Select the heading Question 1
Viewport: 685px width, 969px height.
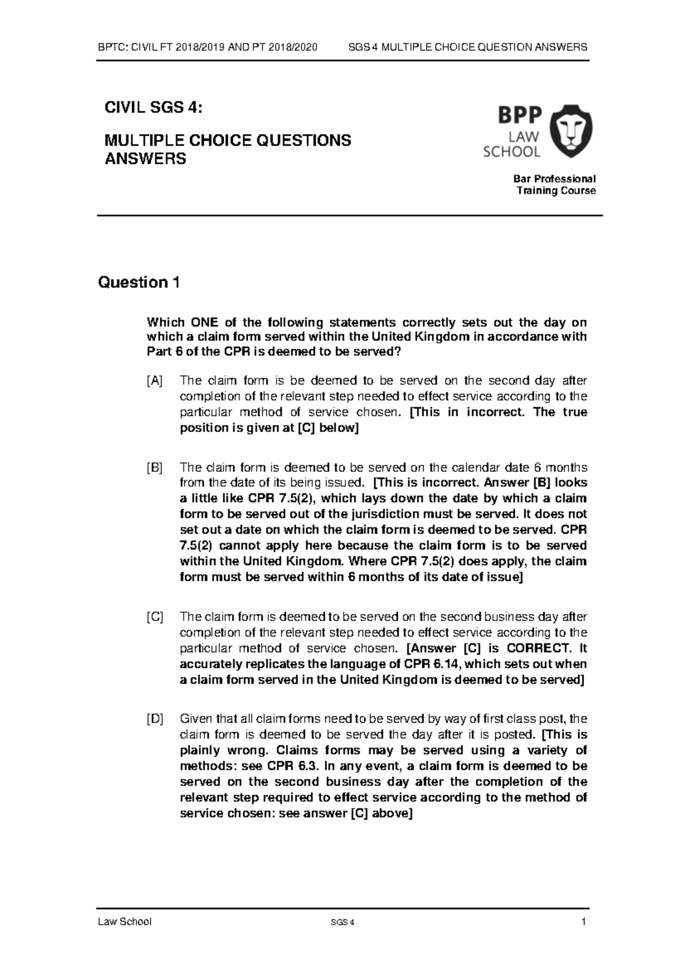point(139,282)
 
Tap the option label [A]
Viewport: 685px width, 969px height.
point(154,381)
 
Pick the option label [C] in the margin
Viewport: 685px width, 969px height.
point(154,617)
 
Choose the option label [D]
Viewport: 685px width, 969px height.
point(154,719)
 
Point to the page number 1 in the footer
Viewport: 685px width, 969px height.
point(584,922)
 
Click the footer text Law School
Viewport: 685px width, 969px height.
point(124,922)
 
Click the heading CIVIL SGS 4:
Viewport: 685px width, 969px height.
point(152,108)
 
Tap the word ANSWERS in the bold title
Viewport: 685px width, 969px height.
point(145,159)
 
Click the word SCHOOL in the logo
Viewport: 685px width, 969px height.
point(511,152)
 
